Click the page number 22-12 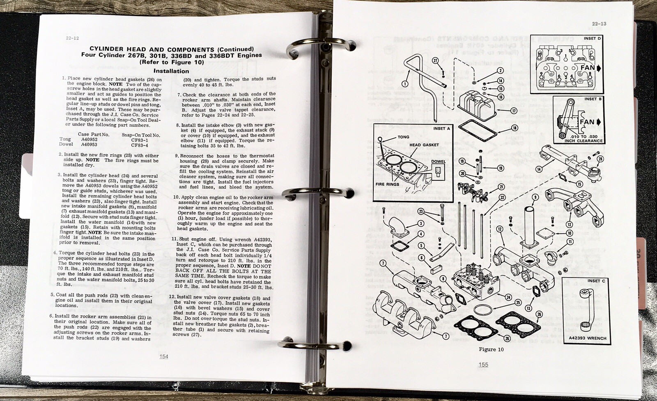coord(72,38)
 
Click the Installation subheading coord(171,71)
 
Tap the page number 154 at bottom coord(163,356)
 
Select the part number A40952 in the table coord(89,139)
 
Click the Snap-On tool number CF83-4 coord(140,145)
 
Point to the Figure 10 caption coord(491,349)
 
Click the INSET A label coord(442,128)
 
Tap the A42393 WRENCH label coord(587,338)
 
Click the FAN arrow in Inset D coord(590,68)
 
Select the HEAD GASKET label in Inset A coord(424,145)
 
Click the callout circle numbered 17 coord(513,111)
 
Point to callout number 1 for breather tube coord(405,84)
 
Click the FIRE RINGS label coord(387,184)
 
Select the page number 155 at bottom coord(483,365)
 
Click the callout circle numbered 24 coord(508,297)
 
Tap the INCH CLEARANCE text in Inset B coord(583,141)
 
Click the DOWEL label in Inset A coord(438,161)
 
